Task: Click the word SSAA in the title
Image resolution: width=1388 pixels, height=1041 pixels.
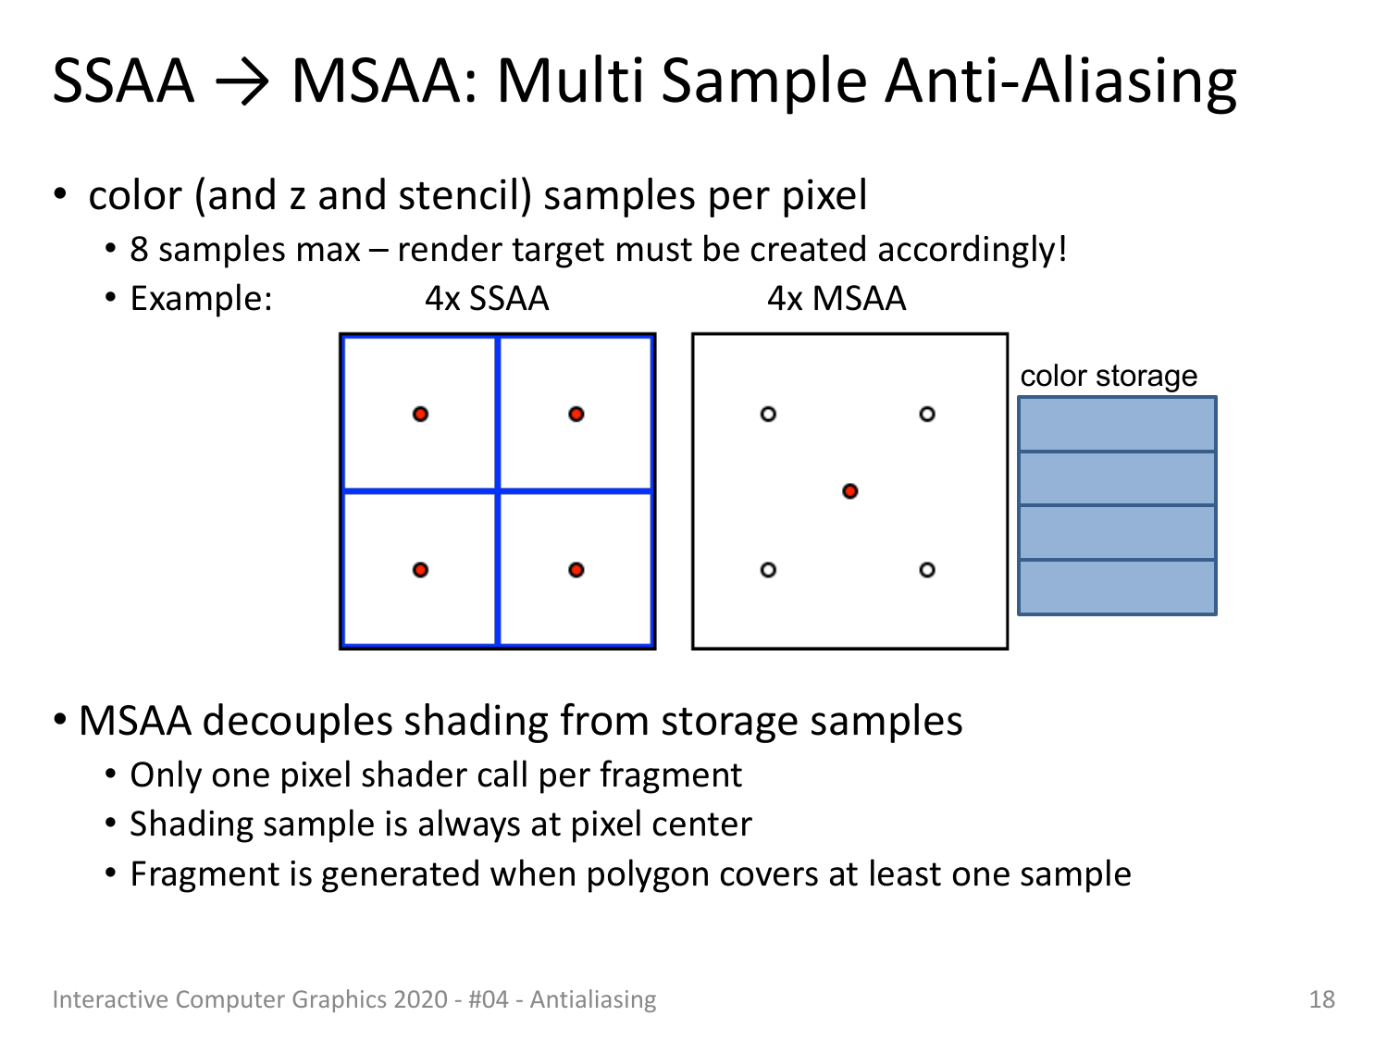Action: tap(123, 81)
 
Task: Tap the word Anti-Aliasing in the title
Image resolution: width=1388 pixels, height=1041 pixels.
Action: tap(1060, 82)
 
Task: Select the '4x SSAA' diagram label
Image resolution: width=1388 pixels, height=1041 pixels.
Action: tap(487, 298)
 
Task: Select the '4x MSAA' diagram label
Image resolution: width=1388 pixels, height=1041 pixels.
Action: tap(836, 298)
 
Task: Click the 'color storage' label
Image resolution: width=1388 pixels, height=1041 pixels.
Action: tap(1109, 376)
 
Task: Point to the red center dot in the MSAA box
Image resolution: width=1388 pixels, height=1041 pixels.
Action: tap(849, 491)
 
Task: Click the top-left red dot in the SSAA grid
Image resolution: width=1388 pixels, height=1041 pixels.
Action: tap(420, 414)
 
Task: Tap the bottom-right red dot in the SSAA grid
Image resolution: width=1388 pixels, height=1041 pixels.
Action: tap(576, 570)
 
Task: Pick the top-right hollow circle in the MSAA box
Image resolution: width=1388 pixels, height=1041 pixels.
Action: tap(927, 414)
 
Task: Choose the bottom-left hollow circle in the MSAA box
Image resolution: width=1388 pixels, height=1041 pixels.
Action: tap(768, 570)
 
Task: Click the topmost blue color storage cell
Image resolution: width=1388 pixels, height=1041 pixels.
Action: tap(1118, 424)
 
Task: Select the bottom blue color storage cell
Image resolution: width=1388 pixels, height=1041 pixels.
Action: tap(1118, 588)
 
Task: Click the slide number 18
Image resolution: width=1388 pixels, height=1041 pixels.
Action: tap(1321, 1000)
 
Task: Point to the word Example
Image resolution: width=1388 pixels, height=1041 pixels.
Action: tap(201, 298)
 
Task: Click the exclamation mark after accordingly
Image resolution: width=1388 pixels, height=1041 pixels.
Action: tap(1061, 249)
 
